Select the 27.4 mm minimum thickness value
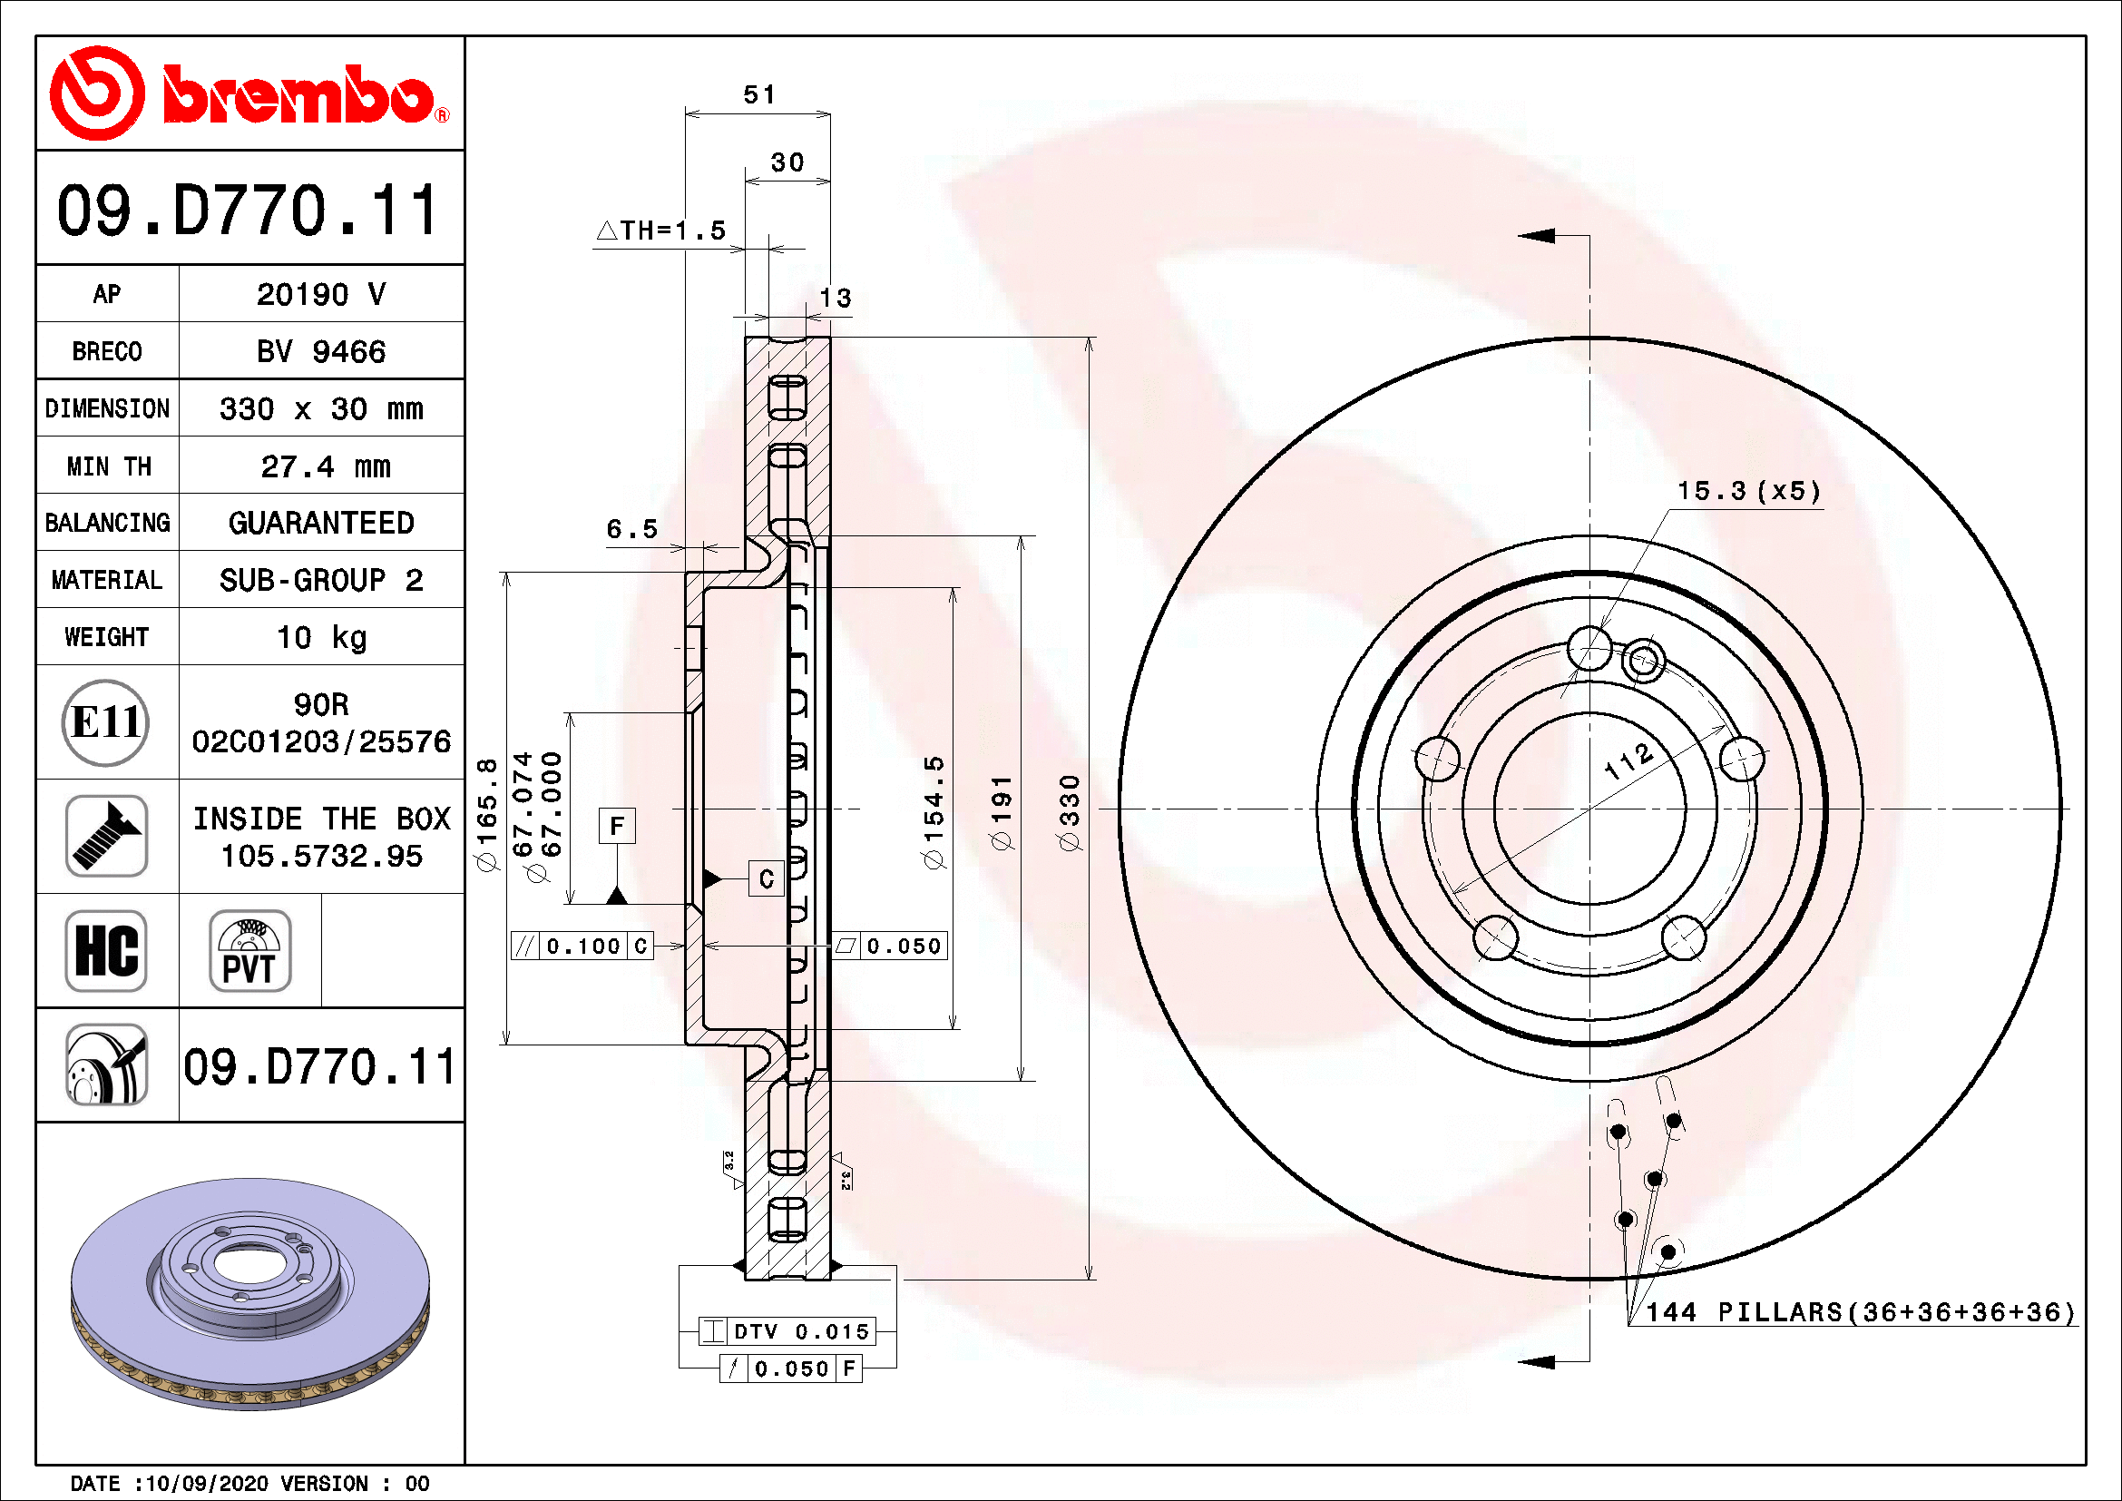[325, 466]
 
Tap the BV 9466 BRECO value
[320, 352]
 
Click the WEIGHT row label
[106, 638]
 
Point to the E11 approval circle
[105, 722]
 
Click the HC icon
[106, 950]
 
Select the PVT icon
[249, 950]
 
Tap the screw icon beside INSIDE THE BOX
[106, 837]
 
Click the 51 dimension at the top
[758, 94]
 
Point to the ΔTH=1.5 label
[661, 231]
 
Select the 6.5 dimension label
[631, 530]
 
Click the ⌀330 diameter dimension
[1069, 813]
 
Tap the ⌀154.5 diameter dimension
[934, 813]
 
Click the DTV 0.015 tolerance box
[800, 1332]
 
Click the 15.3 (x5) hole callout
[1748, 491]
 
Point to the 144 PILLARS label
[1860, 1312]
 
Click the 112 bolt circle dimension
[1628, 760]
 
